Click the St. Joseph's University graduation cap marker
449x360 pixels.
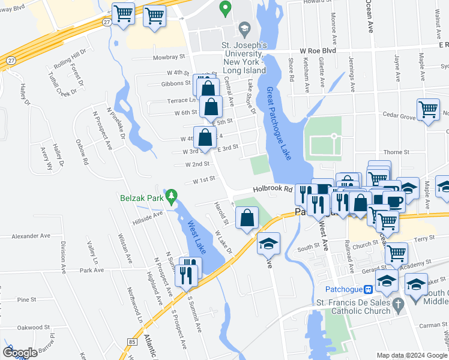pyautogui.click(x=244, y=28)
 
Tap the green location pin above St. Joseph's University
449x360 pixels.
pyautogui.click(x=226, y=8)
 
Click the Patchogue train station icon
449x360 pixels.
pyautogui.click(x=369, y=289)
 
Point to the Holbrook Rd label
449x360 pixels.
pyautogui.click(x=272, y=188)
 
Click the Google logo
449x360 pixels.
pyautogui.click(x=20, y=352)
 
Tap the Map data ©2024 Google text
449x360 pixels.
pyautogui.click(x=412, y=355)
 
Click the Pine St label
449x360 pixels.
pyautogui.click(x=26, y=299)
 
